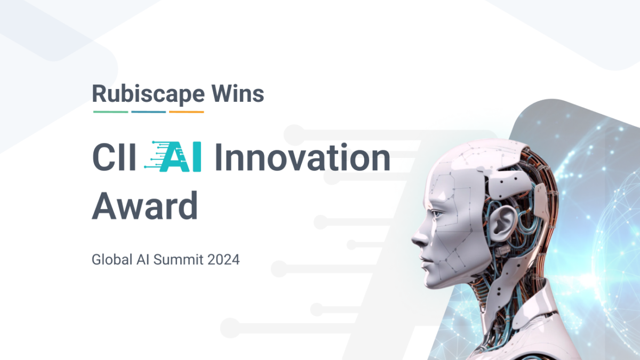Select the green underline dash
pyautogui.click(x=111, y=112)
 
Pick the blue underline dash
pyautogui.click(x=149, y=112)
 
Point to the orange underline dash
pyautogui.click(x=187, y=112)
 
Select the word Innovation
pyautogui.click(x=302, y=158)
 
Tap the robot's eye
pyautogui.click(x=437, y=214)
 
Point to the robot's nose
pyautogui.click(x=415, y=238)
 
